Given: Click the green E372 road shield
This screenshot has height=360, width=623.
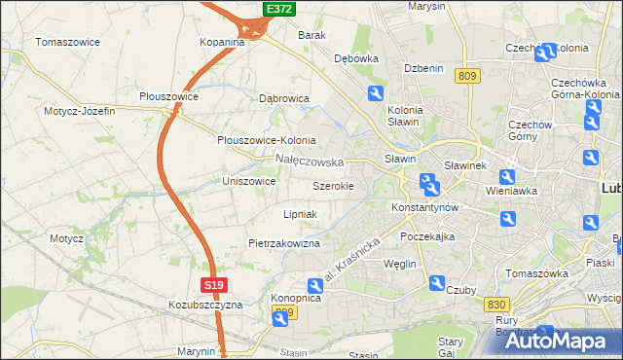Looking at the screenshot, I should [279, 9].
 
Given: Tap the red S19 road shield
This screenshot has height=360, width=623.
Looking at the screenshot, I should [215, 285].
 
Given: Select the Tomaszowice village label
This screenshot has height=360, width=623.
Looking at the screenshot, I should [69, 42].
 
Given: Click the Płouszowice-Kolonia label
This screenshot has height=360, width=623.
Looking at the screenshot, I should [266, 140].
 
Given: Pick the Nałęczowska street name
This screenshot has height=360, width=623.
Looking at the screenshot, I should [310, 161].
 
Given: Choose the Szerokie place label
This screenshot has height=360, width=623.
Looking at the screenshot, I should [340, 185].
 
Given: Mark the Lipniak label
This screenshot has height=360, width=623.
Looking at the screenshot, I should [300, 213].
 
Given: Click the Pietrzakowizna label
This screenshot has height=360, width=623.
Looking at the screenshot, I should [284, 243].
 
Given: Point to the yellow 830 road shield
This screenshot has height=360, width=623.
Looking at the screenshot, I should [495, 305].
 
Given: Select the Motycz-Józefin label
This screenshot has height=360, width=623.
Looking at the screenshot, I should [79, 111].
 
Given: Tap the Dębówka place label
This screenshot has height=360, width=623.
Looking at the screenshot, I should [355, 58].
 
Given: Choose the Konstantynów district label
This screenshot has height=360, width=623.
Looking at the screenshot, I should [424, 208].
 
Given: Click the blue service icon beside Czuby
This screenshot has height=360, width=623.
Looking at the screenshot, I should [437, 283].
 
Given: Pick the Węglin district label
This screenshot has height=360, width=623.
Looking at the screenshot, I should [400, 264].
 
